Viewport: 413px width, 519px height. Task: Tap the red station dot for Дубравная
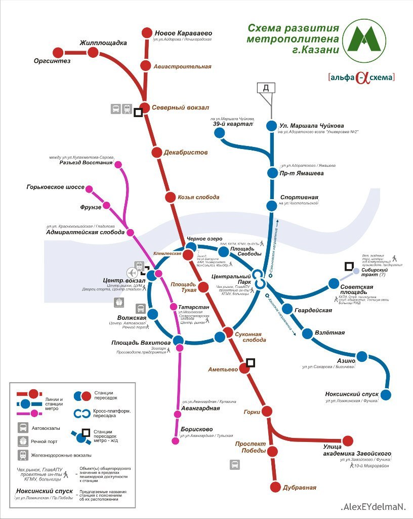275,487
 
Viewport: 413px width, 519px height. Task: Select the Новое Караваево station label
183,32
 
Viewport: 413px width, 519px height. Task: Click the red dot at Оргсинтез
58,52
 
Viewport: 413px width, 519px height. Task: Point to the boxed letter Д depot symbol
266,88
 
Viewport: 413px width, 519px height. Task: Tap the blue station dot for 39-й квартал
220,133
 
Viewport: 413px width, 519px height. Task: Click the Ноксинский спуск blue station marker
386,394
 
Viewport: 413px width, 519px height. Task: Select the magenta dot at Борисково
176,440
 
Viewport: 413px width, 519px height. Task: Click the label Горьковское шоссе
56,187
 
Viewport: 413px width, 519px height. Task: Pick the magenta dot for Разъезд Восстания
118,165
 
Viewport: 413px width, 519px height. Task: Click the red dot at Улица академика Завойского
348,440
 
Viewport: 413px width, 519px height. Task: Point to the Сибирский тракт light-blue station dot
356,272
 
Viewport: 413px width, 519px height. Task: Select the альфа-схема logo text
361,78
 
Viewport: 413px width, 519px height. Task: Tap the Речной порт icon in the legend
23,441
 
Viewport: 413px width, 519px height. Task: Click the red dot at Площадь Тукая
203,287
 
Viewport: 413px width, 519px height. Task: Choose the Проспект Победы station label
251,448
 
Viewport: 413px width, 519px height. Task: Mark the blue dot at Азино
362,356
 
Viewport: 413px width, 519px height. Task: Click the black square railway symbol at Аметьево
250,362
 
